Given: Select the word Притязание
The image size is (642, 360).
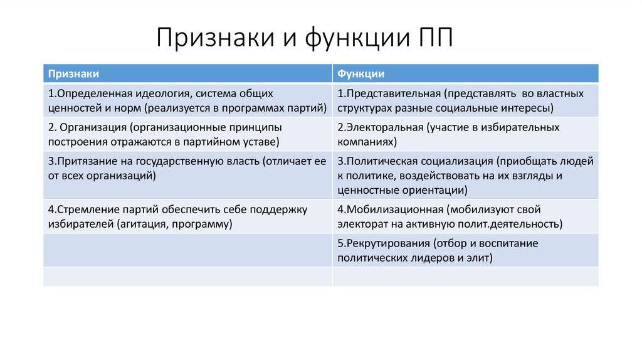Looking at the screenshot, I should coord(87,161).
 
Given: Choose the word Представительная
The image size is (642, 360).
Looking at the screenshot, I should coord(392,94).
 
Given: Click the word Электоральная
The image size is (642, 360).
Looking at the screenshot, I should coord(386,128).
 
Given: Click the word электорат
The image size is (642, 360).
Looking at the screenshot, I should coord(362,224).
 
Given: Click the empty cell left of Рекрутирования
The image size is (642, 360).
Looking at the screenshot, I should coord(187,250).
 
